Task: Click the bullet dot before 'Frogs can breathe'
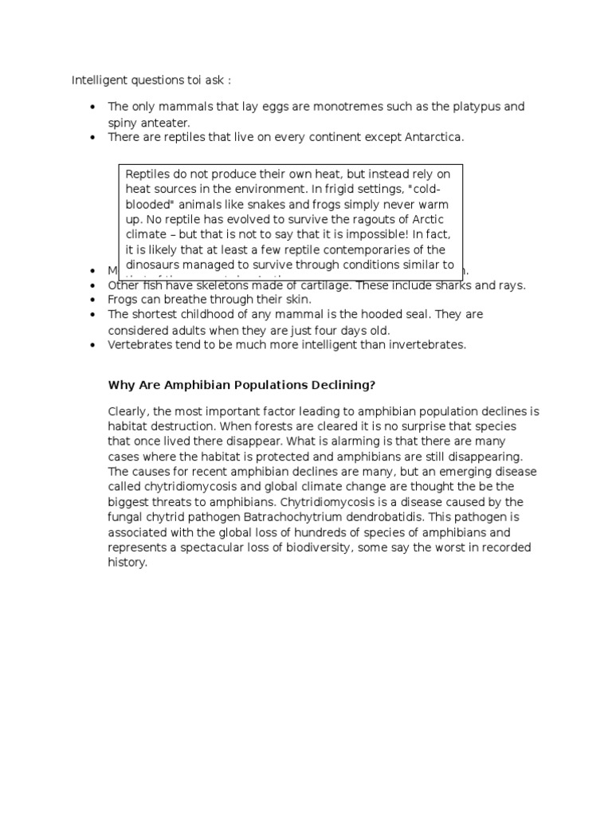pos(93,300)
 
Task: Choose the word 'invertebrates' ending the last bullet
pos(427,345)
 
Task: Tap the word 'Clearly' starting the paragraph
pos(127,412)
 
